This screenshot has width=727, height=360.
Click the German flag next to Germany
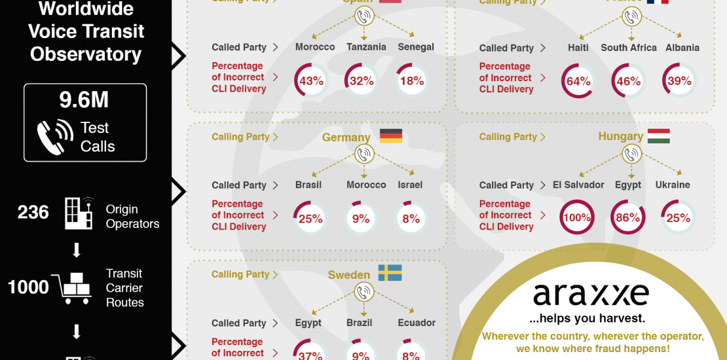point(391,136)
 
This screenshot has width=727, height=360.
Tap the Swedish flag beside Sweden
point(390,274)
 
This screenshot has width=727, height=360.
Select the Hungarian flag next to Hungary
point(658,136)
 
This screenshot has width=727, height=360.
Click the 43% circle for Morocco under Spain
point(311,81)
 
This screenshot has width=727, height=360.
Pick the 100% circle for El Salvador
point(578,218)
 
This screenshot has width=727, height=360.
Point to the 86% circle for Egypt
point(627,218)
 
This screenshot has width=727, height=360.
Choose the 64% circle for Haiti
point(578,81)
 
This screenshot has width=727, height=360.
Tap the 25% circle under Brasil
point(310,218)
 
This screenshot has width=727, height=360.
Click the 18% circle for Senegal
point(411,81)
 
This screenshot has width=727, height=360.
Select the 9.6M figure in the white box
point(84,100)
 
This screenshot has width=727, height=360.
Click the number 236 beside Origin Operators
point(33,212)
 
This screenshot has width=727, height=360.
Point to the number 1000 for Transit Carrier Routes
point(28,287)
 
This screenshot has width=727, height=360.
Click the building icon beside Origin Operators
point(79,212)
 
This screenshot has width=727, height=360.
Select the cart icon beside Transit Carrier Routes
point(75,288)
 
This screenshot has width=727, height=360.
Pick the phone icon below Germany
point(363,155)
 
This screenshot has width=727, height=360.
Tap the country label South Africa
point(629,48)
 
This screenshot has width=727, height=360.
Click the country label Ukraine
point(673,185)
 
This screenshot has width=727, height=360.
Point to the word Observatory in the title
point(86,54)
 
